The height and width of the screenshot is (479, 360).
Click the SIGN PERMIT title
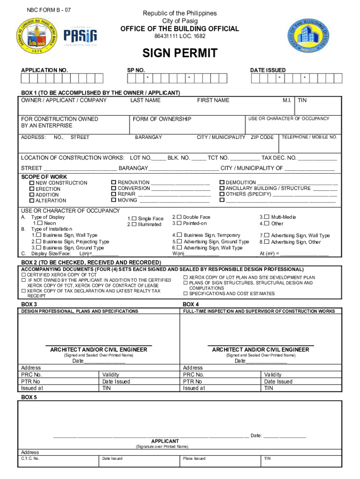point(180,53)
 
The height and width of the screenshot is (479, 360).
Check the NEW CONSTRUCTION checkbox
point(32,183)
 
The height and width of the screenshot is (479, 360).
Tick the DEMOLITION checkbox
point(222,182)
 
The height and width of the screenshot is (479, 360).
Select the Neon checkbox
point(41,224)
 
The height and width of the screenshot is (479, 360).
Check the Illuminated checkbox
point(134,225)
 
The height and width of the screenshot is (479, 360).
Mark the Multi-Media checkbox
point(266,217)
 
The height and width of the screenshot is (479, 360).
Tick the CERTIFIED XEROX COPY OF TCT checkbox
point(23,275)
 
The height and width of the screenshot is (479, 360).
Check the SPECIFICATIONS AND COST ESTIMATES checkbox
point(186,294)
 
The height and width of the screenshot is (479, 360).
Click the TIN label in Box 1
point(302,100)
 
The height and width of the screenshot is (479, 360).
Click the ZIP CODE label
point(262,138)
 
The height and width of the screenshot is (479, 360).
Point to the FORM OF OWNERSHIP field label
point(162,119)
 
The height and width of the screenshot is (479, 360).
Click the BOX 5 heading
point(29,397)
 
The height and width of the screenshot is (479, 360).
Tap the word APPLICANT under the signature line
point(165,441)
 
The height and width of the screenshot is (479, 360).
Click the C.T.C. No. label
point(30,458)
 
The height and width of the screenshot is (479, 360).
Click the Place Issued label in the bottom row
point(194,458)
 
